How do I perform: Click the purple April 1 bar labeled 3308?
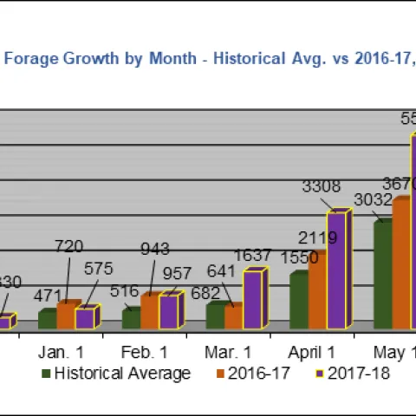pyautogui.click(x=337, y=270)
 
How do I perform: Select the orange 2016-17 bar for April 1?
pyautogui.click(x=318, y=291)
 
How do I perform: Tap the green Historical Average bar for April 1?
pyautogui.click(x=298, y=301)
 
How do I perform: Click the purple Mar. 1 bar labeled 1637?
pyautogui.click(x=253, y=299)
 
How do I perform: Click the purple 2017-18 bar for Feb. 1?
pyautogui.click(x=170, y=311)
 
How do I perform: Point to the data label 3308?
pyautogui.click(x=321, y=186)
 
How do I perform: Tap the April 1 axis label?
pyautogui.click(x=311, y=353)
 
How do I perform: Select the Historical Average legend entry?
pyautogui.click(x=122, y=374)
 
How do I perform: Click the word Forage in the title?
pyautogui.click(x=34, y=59)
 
